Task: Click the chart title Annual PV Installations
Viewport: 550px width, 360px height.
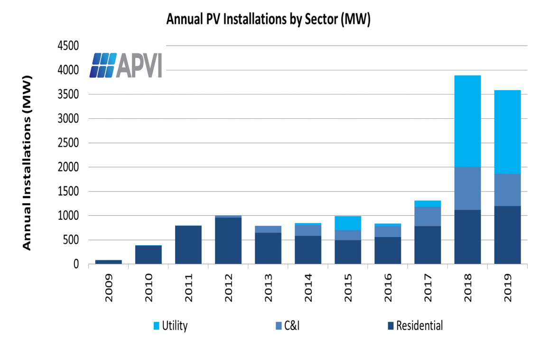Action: tap(268, 19)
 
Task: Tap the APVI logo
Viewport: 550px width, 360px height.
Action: tap(126, 65)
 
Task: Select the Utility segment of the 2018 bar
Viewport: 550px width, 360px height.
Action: tap(467, 121)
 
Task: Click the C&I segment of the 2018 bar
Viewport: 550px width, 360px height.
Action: tap(467, 189)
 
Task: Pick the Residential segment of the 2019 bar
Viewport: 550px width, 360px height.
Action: tap(507, 235)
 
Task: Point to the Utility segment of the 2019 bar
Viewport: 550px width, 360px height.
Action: tap(507, 132)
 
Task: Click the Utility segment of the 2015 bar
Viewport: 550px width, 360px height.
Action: tap(348, 223)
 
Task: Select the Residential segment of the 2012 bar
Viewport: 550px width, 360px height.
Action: tap(228, 241)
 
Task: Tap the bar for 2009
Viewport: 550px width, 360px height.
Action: tap(109, 262)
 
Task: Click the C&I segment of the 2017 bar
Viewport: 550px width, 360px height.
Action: tap(428, 217)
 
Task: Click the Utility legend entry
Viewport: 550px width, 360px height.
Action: tap(170, 326)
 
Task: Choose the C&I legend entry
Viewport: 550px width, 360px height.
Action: tap(288, 326)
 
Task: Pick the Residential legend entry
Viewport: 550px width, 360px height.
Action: tap(415, 326)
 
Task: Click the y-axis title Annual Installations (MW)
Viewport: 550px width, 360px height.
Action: tap(27, 162)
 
